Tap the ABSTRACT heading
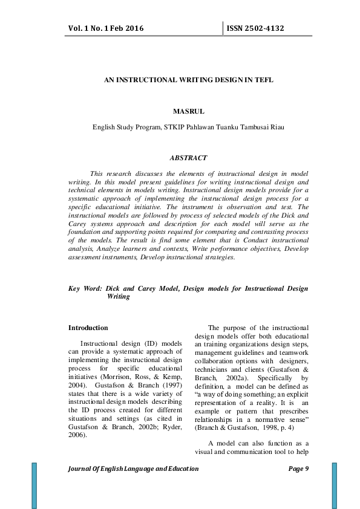tap(188, 158)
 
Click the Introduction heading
tap(88, 328)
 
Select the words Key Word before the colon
tap(83, 289)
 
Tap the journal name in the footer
tap(134, 469)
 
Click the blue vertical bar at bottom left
tap(34, 485)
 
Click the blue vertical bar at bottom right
tap(334, 485)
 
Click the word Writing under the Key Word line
tap(117, 297)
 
